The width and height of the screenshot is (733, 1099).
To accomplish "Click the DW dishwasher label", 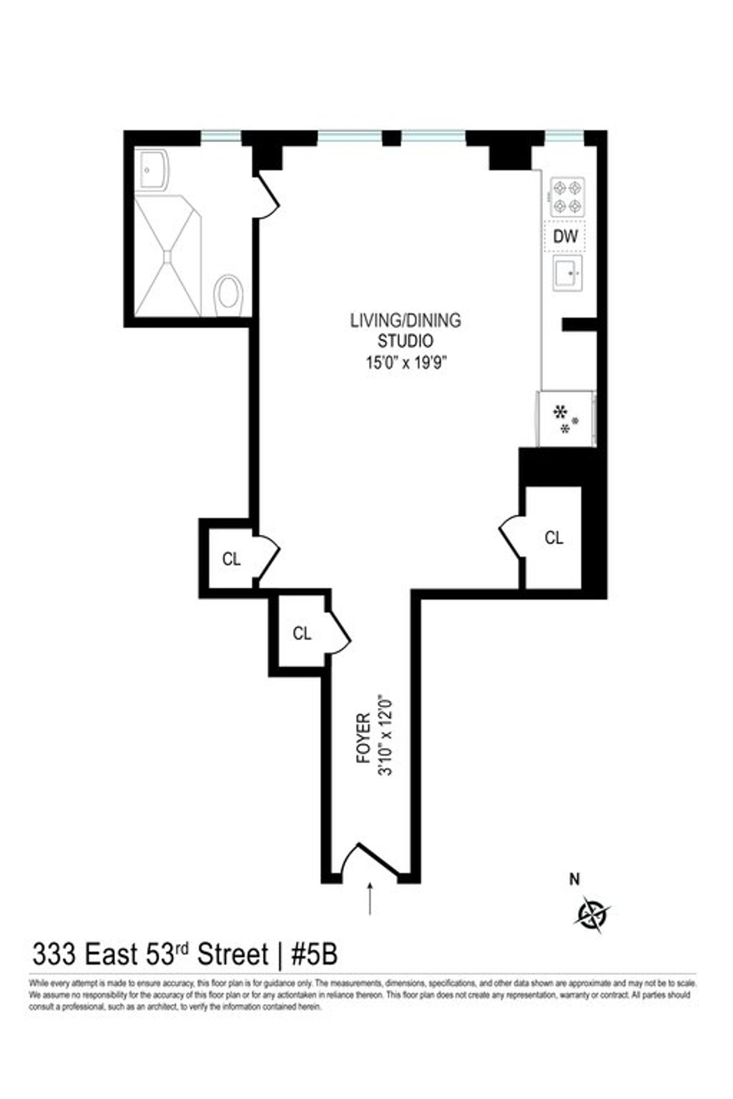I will click(565, 236).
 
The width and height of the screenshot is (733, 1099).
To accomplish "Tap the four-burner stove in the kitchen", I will click(567, 197).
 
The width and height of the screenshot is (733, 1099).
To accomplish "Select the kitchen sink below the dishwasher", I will click(567, 274).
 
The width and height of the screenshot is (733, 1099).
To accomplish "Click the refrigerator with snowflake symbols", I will click(565, 419).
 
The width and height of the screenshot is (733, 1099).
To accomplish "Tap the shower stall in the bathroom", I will click(167, 255).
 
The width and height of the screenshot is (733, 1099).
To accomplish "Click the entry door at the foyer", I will click(371, 861).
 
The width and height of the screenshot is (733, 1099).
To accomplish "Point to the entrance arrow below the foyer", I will click(370, 898).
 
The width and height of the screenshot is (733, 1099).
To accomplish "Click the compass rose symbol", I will click(593, 914).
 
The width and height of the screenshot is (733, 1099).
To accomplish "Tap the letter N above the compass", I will click(574, 879).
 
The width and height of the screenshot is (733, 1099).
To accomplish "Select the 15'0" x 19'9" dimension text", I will click(406, 363).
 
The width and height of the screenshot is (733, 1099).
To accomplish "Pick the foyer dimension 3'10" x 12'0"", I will click(385, 734).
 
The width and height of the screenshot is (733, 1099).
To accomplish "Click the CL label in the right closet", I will click(553, 538).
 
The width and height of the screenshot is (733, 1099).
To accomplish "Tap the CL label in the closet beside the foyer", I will click(302, 634).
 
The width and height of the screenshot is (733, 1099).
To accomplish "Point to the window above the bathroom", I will click(221, 137).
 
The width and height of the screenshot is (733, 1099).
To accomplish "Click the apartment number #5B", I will click(314, 954).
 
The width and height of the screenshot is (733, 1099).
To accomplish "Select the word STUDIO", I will click(405, 341).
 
